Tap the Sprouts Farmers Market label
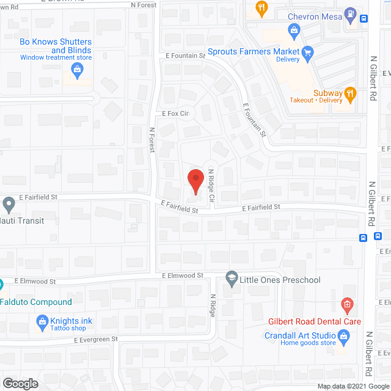(x=254, y=52)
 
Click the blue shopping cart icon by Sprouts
(x=308, y=53)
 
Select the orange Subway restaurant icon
(x=350, y=93)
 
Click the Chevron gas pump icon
(x=350, y=12)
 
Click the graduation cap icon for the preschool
(x=232, y=279)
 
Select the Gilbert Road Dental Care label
(x=315, y=321)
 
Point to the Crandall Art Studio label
(x=300, y=335)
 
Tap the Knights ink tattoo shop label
(x=73, y=321)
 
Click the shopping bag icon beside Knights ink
(x=42, y=321)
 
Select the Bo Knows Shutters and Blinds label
(x=56, y=46)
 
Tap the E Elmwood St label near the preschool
(x=183, y=276)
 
